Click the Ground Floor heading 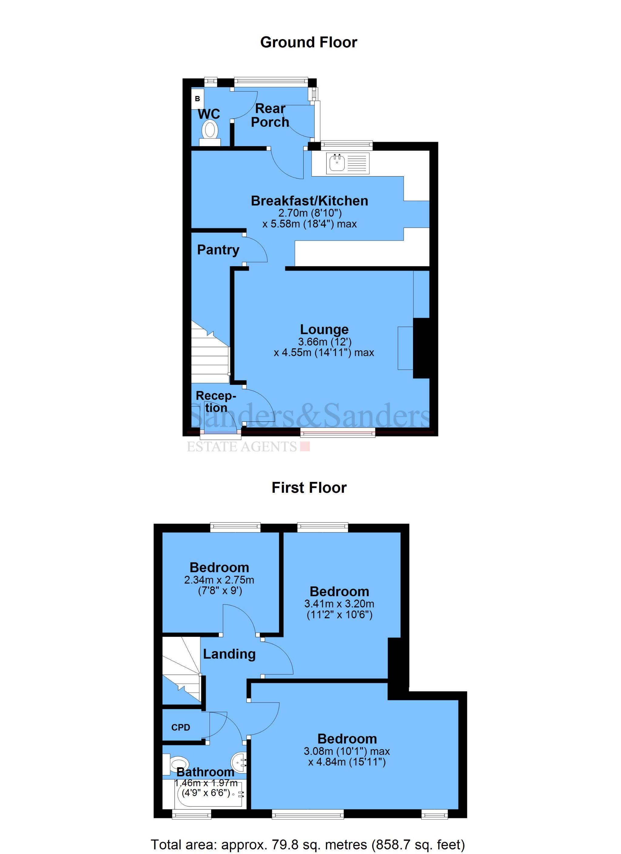point(308,42)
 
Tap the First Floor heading point(309,488)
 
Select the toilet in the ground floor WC point(210,131)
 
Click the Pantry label point(218,250)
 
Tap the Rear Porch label point(270,115)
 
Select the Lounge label point(324,329)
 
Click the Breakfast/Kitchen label point(310,201)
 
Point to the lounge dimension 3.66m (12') point(325,342)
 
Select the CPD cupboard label point(181,727)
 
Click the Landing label point(229,654)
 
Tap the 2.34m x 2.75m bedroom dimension point(219,580)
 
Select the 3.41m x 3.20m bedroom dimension point(339,604)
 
